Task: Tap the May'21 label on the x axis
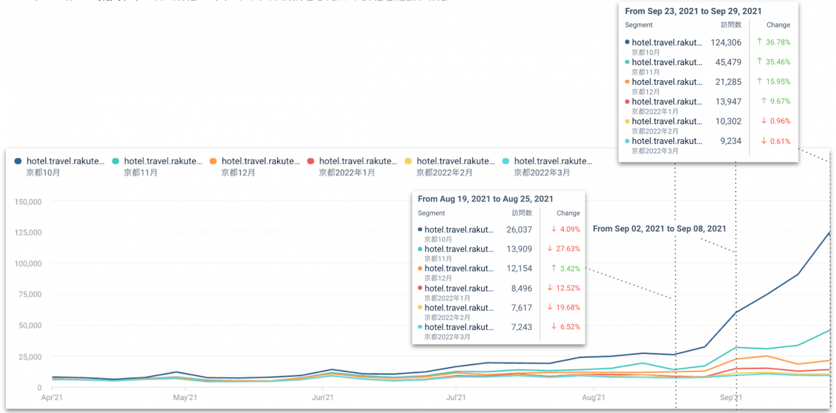click(184, 398)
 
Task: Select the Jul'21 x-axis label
click(456, 398)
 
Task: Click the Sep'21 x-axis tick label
click(731, 398)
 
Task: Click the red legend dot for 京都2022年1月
click(310, 161)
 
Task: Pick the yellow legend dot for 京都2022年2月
click(408, 161)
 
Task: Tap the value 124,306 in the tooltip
click(726, 42)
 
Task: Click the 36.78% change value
click(777, 42)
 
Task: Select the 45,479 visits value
click(728, 62)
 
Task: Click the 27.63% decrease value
click(567, 249)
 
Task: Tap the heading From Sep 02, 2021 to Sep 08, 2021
click(659, 229)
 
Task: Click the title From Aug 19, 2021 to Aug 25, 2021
click(485, 199)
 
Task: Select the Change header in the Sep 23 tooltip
click(778, 25)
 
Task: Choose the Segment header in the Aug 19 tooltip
click(431, 213)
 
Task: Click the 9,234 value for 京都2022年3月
click(731, 141)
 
